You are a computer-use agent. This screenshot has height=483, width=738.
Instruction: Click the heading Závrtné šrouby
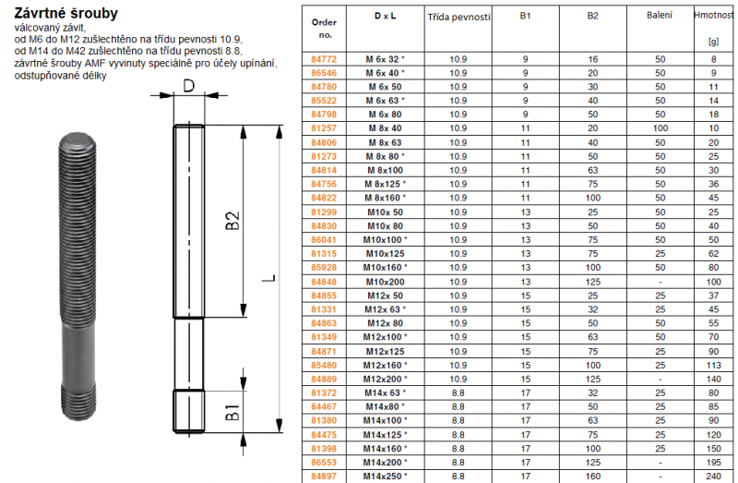(65, 13)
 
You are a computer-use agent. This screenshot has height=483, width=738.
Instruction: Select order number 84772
(324, 59)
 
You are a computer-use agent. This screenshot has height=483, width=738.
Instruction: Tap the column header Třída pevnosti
(458, 18)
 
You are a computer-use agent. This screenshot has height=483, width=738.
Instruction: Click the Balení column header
(660, 16)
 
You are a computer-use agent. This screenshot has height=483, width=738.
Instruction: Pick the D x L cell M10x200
(386, 282)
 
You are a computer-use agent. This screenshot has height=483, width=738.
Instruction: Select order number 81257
(324, 128)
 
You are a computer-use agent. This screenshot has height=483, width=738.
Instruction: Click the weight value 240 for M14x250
(713, 476)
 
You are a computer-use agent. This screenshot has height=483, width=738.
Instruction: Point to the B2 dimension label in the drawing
(232, 220)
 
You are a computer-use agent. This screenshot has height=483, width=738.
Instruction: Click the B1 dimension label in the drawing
(232, 412)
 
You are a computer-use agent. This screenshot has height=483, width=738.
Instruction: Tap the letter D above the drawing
(189, 86)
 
